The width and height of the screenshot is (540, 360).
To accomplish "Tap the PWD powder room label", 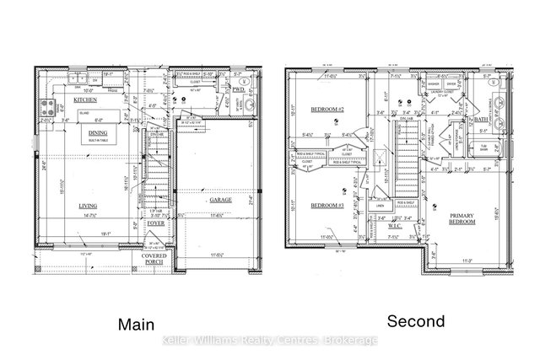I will (239, 89).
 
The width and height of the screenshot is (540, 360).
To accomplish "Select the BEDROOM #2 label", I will (324, 110).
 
